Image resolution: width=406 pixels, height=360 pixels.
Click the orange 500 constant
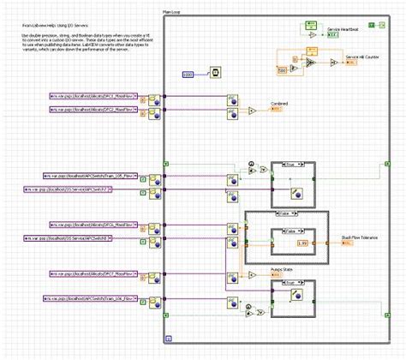coord(282,70)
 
